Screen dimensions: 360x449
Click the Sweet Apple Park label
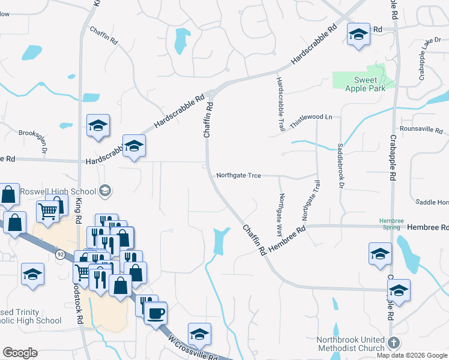[361, 85]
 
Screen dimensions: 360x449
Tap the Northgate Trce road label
[238, 175]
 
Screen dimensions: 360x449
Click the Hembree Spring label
[390, 224]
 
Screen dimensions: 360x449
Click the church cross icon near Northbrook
[393, 343]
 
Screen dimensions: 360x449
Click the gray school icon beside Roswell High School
[105, 191]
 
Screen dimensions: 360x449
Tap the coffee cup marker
[156, 313]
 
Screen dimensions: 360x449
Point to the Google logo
[20, 353]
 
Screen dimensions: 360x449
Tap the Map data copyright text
[412, 355]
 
